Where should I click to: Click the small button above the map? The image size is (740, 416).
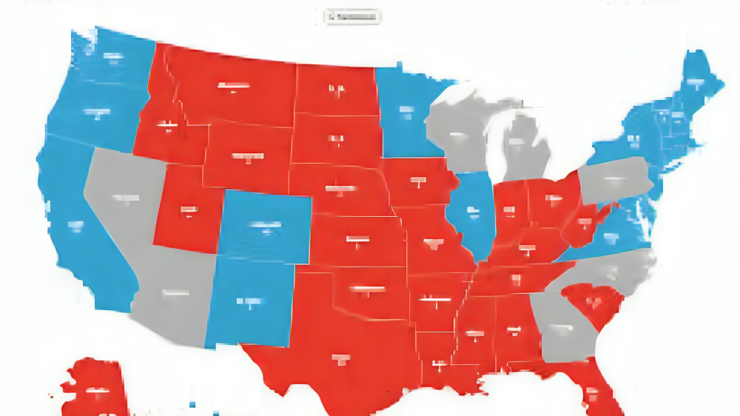[353, 16]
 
